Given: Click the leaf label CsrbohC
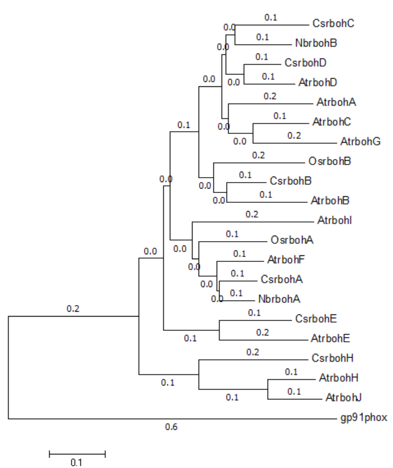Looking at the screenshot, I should (x=333, y=24).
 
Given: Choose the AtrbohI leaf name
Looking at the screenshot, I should (x=334, y=221).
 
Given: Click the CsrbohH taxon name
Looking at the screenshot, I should (x=332, y=359).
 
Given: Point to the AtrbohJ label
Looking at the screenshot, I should (x=343, y=397).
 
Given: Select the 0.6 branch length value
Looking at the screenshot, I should (x=171, y=426).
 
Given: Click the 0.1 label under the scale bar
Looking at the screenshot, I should (x=76, y=462).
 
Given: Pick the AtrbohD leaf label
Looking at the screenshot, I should (x=317, y=83).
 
